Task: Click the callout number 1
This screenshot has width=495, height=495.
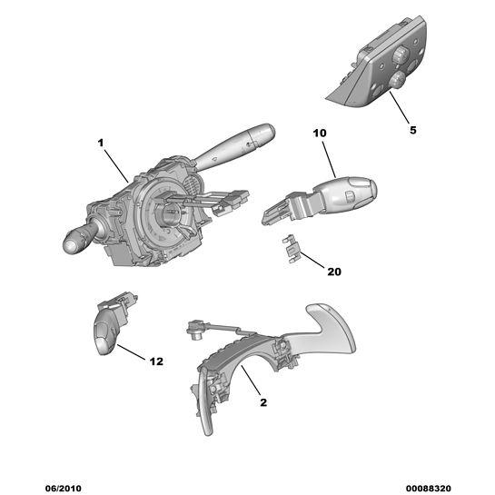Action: click(101, 144)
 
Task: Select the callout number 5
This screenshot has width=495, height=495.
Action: click(413, 130)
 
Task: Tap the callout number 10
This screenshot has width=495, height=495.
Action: click(320, 133)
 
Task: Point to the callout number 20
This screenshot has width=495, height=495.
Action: click(334, 272)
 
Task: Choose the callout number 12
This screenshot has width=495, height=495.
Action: click(156, 361)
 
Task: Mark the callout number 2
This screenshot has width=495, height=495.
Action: click(263, 402)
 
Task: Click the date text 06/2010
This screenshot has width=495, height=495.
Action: click(64, 488)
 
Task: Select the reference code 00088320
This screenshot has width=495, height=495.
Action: click(429, 488)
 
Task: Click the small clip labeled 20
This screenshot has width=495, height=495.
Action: click(291, 250)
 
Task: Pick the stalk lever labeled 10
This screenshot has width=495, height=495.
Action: click(320, 200)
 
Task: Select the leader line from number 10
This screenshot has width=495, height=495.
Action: click(329, 160)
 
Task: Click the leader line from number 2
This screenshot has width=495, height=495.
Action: click(251, 380)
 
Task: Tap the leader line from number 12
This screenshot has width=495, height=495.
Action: click(132, 351)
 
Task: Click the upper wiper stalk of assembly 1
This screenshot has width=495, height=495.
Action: click(233, 146)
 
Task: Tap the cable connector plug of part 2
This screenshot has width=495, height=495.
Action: click(196, 330)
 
